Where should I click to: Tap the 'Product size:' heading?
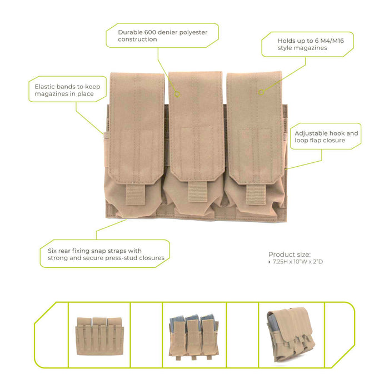point(290,255)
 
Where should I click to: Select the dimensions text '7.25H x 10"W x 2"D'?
point(298,262)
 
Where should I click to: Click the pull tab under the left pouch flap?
point(135,194)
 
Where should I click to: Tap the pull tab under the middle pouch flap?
point(197,192)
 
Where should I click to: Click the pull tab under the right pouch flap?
point(256,194)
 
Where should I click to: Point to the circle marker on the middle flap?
point(177,94)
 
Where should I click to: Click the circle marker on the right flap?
point(261,92)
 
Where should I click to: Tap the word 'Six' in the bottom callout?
point(52,251)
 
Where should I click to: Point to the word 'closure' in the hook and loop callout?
point(333,141)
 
